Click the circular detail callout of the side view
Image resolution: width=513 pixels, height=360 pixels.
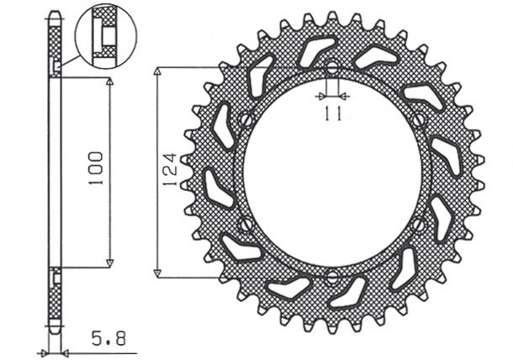pos(104,35)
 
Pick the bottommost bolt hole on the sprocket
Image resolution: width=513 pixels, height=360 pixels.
pos(332,277)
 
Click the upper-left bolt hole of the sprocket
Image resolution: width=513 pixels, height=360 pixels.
pos(245,120)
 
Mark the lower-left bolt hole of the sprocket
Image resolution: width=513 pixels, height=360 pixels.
pos(246,225)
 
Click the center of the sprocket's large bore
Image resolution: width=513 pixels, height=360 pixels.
pos(332,172)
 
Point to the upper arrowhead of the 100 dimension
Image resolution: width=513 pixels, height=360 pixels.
pos(109,82)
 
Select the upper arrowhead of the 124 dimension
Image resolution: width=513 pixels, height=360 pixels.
pos(157,73)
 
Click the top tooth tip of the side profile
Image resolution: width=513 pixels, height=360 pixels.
pos(54,14)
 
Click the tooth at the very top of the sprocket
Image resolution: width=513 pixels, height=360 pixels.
pos(332,18)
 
